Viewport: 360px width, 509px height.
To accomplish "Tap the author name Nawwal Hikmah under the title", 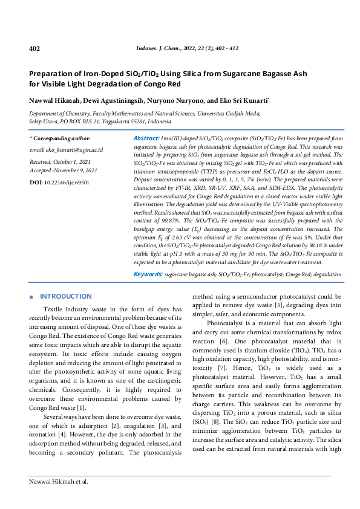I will [x=55, y=100].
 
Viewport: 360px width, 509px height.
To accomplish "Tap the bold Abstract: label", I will [x=146, y=138].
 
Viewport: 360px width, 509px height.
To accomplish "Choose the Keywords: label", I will [x=148, y=274].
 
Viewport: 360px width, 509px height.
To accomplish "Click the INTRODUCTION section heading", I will [x=65, y=297].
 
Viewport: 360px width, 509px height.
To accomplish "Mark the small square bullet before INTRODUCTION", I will [x=31, y=297].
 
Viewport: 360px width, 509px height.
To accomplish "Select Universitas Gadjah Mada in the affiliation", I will [x=231, y=113].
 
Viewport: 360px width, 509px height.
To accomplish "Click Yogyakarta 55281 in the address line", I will [x=125, y=122].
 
